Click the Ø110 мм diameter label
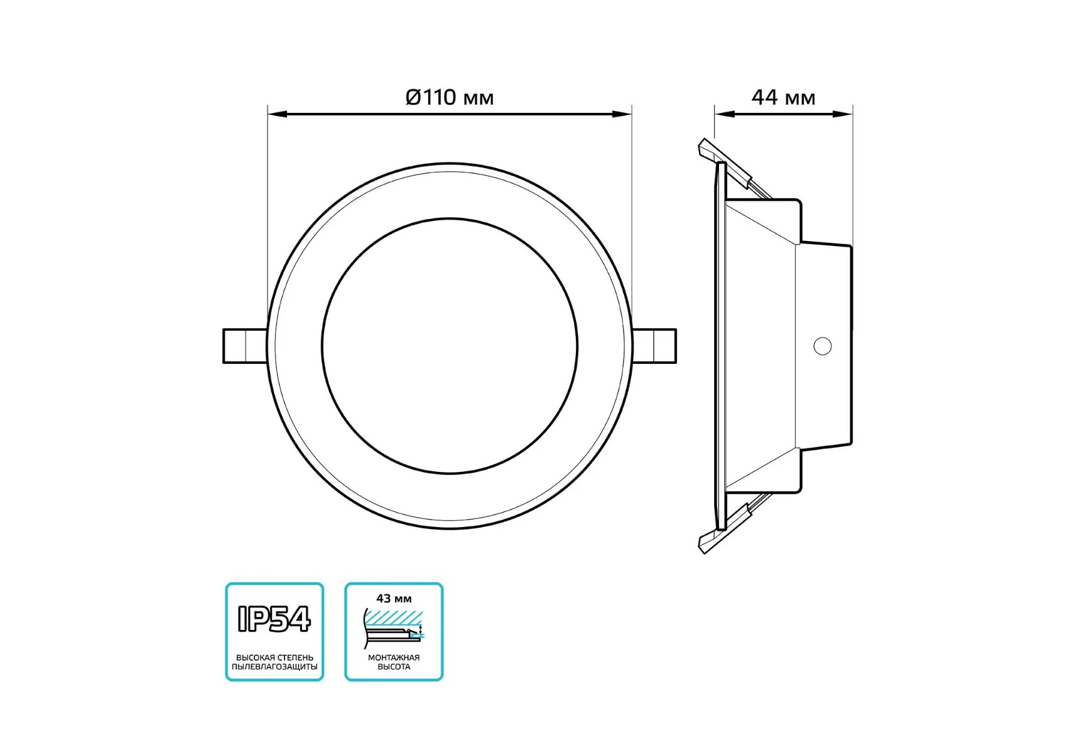[450, 97]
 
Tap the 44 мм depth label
[783, 97]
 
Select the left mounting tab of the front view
[246, 346]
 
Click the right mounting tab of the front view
[654, 346]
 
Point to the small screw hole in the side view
[823, 346]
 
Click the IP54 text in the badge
[274, 619]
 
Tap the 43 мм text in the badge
[394, 599]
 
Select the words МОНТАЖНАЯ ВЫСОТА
[394, 662]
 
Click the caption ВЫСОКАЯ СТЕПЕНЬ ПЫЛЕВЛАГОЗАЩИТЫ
[274, 662]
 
